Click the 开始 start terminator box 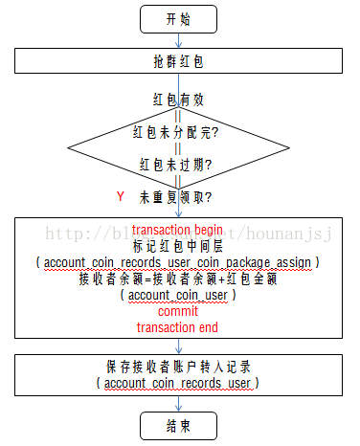tap(177, 18)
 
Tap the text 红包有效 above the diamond tap(177, 99)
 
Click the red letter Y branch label tap(121, 196)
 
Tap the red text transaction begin tap(177, 230)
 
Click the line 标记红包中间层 tap(177, 246)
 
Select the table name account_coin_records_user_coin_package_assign tap(177, 262)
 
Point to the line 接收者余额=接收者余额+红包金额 tap(177, 279)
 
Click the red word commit tap(177, 312)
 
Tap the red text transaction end tap(177, 328)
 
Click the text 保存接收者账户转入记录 tap(177, 367)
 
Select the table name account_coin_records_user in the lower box tap(177, 383)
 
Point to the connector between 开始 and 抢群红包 tap(178, 40)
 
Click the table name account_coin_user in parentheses tap(177, 296)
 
